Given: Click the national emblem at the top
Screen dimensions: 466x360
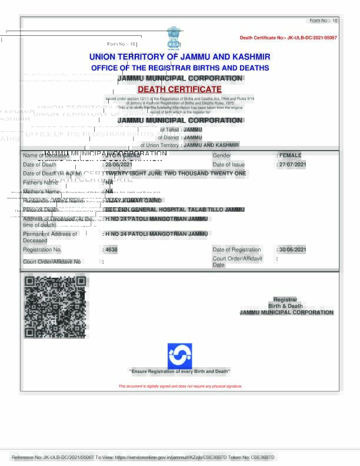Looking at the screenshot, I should point(175,38).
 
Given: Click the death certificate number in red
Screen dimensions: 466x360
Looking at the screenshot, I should point(288,38).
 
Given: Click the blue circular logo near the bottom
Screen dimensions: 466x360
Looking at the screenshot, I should point(179,355).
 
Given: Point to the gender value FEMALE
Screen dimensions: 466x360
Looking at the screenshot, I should point(290,155).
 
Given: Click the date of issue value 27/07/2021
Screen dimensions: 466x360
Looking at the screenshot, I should point(292,165).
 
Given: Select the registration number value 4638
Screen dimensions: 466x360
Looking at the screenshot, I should point(111,250).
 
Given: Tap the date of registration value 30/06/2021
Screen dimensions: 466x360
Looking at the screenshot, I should point(293,250).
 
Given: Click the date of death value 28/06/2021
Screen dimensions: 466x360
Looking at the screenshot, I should point(119,165).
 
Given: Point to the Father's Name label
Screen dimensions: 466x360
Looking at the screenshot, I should point(41,183).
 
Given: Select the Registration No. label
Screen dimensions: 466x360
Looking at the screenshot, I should point(42,250).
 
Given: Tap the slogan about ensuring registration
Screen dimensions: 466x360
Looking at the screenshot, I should point(179,371).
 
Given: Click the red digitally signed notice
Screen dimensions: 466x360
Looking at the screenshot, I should point(180,387).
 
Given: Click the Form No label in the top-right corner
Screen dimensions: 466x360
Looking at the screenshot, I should point(324,21).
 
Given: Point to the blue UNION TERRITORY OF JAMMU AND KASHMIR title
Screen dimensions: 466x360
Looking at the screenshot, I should point(179,57).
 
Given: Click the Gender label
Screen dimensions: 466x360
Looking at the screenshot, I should point(222,155).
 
